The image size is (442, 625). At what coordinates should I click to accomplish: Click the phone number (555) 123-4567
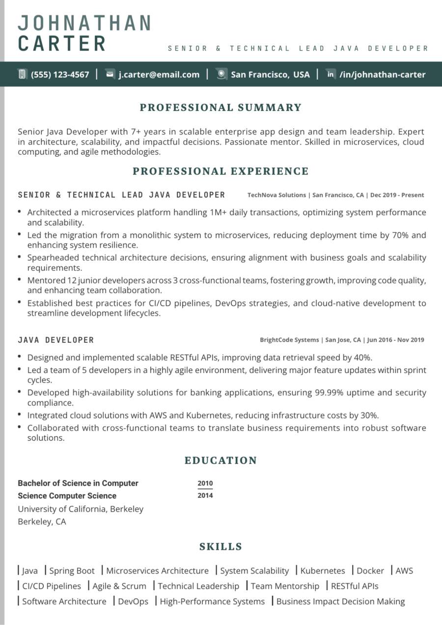point(60,75)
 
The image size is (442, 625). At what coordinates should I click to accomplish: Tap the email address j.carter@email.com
point(159,75)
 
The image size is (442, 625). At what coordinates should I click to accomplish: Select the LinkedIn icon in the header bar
point(331,74)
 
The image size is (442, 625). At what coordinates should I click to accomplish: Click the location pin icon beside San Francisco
point(221,74)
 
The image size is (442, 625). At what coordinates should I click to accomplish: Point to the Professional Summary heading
point(221,108)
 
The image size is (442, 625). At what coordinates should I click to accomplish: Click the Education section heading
point(221,461)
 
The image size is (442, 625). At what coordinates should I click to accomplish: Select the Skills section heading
point(221,546)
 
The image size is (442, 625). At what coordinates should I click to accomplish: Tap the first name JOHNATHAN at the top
point(84,23)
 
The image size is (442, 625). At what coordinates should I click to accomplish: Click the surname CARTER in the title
point(62,43)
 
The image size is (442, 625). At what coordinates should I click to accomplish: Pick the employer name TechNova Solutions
point(276,195)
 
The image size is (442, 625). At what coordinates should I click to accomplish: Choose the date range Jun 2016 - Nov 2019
point(395,340)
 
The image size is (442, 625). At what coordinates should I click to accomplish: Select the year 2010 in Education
point(205,483)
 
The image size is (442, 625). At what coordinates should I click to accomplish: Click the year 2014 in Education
point(205,495)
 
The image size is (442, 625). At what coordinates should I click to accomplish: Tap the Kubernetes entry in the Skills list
point(323,571)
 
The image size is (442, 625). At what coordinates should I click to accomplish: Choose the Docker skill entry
point(370,571)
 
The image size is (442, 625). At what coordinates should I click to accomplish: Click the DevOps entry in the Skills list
point(133,601)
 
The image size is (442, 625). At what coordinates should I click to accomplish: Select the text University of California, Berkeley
point(81,509)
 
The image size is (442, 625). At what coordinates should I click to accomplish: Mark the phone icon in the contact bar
point(22,74)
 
